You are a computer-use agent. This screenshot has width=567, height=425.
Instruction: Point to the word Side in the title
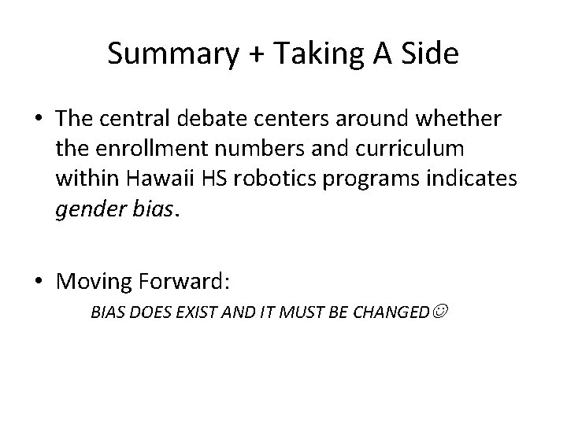click(x=430, y=54)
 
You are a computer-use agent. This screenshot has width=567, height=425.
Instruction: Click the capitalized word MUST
click(x=280, y=312)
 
